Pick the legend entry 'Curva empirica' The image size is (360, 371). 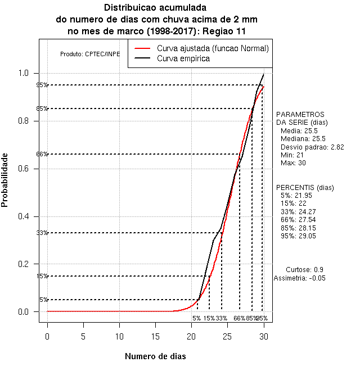click(x=183, y=58)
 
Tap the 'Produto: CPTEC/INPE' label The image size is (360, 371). click(x=90, y=55)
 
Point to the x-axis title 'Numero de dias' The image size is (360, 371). click(x=155, y=356)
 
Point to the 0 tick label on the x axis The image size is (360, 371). click(x=47, y=336)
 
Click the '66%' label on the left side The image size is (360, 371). click(x=42, y=154)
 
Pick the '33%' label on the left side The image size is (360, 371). click(x=42, y=233)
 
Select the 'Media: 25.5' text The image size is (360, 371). click(x=299, y=130)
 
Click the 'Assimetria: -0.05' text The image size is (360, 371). click(x=300, y=278)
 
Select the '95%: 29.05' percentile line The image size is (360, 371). click(x=298, y=236)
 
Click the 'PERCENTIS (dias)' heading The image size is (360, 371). click(x=304, y=187)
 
